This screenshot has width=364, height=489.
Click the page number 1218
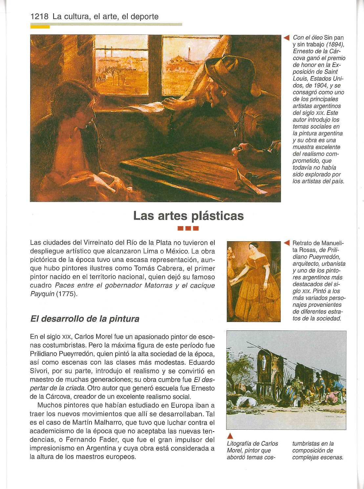[x=39, y=17]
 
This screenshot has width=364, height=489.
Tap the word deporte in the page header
[x=144, y=17]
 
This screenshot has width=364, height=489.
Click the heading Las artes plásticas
[x=188, y=216]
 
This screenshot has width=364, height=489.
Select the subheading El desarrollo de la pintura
[x=85, y=319]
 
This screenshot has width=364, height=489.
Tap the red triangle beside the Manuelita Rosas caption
[x=287, y=243]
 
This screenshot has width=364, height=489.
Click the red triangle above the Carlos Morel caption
[x=230, y=436]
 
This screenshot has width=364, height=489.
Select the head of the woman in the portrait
[x=254, y=247]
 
